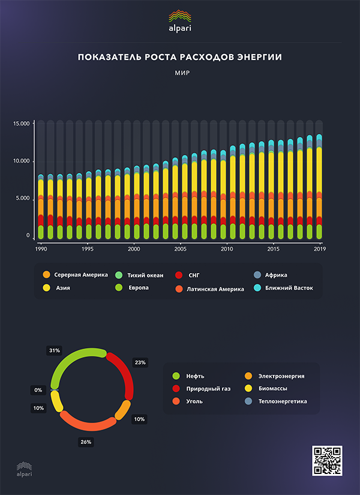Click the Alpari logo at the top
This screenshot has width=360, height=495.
(180, 20)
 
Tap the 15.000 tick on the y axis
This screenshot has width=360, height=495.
(21, 124)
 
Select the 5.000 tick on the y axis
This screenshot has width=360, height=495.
(22, 198)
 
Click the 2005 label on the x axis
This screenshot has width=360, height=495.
(180, 248)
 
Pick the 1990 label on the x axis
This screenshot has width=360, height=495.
(41, 248)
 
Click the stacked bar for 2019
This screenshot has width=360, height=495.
(319, 186)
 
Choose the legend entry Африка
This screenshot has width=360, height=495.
(275, 275)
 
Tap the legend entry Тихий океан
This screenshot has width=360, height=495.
(146, 275)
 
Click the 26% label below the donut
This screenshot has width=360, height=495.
(86, 442)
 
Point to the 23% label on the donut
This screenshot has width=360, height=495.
(140, 363)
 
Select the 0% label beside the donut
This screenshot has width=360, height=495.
(38, 390)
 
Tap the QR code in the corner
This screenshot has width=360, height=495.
(327, 461)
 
